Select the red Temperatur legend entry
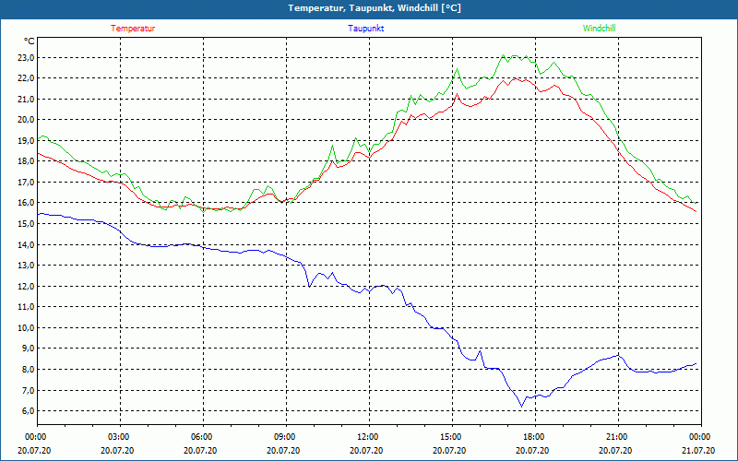click(133, 29)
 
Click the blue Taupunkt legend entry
click(366, 29)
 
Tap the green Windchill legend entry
click(600, 29)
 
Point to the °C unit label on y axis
click(30, 41)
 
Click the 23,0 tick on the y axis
click(25, 57)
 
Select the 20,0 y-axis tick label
click(25, 120)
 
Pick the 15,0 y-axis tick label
click(25, 224)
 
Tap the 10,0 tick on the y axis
click(25, 327)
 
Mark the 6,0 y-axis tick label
click(27, 411)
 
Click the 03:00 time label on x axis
click(119, 437)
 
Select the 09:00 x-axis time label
click(285, 437)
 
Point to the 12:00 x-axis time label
click(367, 437)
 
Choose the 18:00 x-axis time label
click(533, 437)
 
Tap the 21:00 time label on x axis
click(616, 437)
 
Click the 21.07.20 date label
click(699, 451)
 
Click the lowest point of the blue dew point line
click(521, 407)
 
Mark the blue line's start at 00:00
click(38, 214)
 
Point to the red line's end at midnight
click(696, 211)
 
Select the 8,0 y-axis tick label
click(27, 370)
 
